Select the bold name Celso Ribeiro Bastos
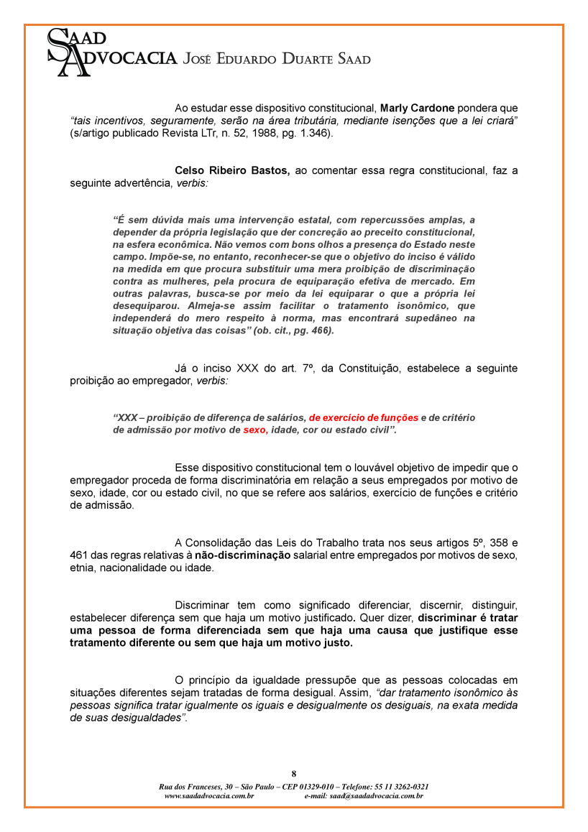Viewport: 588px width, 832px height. [x=232, y=170]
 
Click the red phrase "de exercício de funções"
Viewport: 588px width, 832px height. [x=364, y=417]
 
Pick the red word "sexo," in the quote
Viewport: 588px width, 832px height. [x=255, y=430]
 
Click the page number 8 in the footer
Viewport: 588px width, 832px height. [x=293, y=774]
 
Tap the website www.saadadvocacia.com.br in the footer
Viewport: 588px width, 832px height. [x=209, y=795]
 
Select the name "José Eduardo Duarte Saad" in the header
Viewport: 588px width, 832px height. [x=277, y=59]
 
